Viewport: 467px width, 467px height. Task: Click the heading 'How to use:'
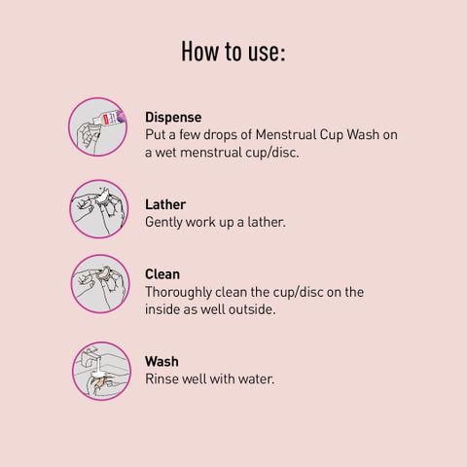pos(233,52)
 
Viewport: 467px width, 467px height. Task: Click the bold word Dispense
pos(173,118)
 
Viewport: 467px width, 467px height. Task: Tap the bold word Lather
pos(165,204)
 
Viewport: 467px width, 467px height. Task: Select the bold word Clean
pos(162,274)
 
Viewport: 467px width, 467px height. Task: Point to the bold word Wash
pos(162,362)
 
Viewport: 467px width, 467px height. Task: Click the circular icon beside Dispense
pos(97,126)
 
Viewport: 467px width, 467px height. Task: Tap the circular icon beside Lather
pos(99,209)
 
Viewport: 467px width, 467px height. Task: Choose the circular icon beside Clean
pos(100,284)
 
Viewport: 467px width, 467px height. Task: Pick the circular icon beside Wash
pos(101,371)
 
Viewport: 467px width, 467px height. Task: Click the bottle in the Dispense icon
pos(109,118)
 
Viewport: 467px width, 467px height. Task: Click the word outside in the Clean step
pos(252,309)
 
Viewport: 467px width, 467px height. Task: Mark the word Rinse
pos(162,379)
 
